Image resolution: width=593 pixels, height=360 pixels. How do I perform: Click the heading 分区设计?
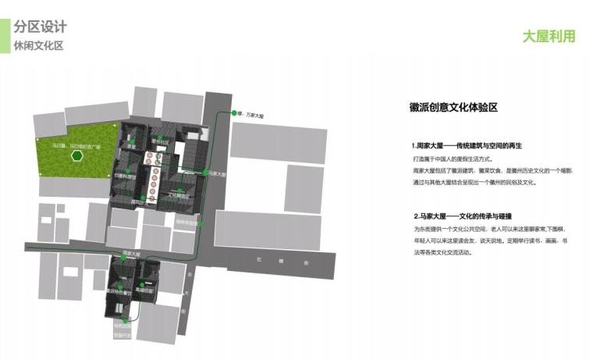40,26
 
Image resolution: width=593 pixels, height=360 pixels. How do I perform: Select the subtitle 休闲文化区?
38,45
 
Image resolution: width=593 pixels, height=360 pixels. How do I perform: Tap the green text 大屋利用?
549,37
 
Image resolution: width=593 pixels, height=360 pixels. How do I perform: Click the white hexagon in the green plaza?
76,155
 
